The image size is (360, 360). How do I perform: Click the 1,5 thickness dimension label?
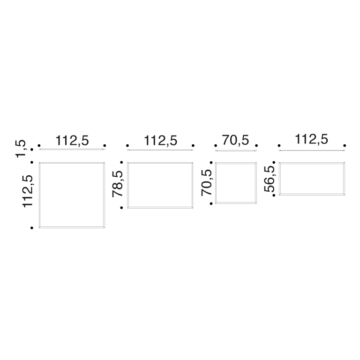[x=21, y=149]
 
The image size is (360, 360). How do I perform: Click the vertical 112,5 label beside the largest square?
[x=28, y=191]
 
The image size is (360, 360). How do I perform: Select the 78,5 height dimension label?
[x=118, y=184]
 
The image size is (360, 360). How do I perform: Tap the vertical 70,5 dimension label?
[x=206, y=183]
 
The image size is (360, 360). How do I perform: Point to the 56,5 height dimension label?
[x=270, y=179]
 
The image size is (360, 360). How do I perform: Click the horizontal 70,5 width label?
[x=236, y=140]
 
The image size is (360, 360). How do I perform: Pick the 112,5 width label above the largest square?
[x=72, y=140]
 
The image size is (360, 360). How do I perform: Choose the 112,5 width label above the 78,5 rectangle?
[x=160, y=141]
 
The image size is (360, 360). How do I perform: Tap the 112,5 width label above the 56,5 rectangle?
[x=311, y=139]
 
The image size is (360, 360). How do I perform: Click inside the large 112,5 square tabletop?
[x=72, y=195]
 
